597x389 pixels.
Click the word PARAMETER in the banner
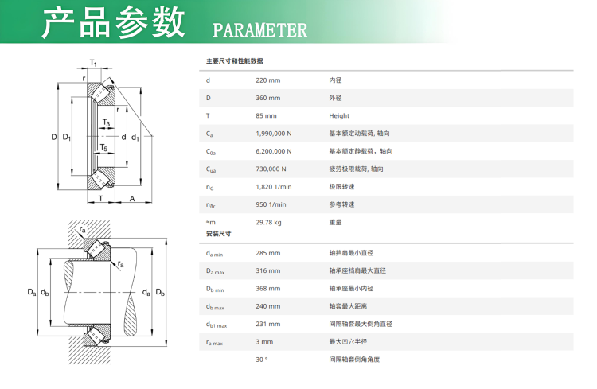259,30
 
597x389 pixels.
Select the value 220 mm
268,80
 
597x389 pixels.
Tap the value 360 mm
268,98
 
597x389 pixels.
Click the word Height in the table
339,115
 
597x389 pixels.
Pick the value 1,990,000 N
274,134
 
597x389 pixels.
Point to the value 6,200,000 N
274,151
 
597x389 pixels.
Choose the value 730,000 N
271,169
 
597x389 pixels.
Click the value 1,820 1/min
274,187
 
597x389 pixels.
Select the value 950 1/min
271,204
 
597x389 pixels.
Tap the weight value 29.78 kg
268,222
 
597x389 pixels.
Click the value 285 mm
268,253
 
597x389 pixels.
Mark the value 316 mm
268,271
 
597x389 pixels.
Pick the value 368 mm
268,289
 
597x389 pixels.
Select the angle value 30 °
262,360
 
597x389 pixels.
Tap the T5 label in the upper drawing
103,147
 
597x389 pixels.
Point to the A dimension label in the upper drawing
132,199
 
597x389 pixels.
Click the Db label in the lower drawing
160,292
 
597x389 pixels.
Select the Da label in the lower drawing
32,292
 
